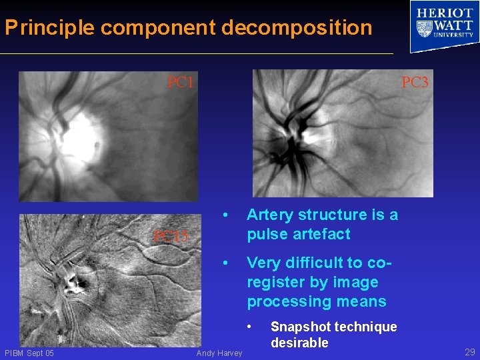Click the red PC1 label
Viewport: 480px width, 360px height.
180,83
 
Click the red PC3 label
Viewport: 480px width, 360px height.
415,83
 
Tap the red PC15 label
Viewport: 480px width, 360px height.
171,236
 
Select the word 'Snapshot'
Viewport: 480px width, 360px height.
299,327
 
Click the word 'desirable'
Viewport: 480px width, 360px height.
299,343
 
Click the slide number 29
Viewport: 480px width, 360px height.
469,352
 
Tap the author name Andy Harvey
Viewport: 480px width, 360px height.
219,353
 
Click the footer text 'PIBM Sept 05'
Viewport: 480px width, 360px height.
29,353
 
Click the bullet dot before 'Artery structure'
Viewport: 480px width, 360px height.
227,215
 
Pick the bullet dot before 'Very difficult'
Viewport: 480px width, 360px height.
227,263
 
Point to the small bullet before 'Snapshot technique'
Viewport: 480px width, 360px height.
249,327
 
